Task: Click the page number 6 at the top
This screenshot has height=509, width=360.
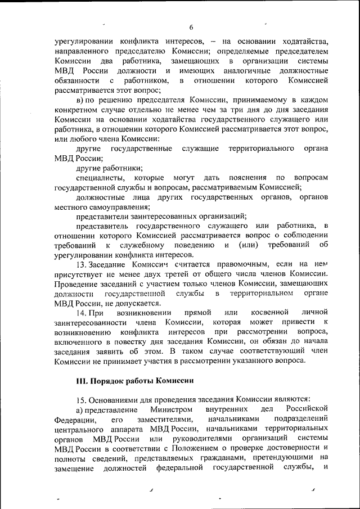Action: tap(191, 28)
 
